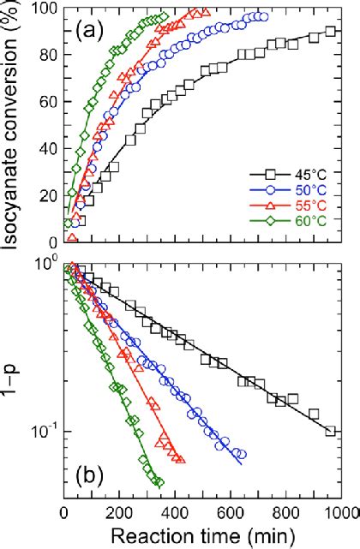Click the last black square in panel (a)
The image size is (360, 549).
pyautogui.click(x=332, y=32)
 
